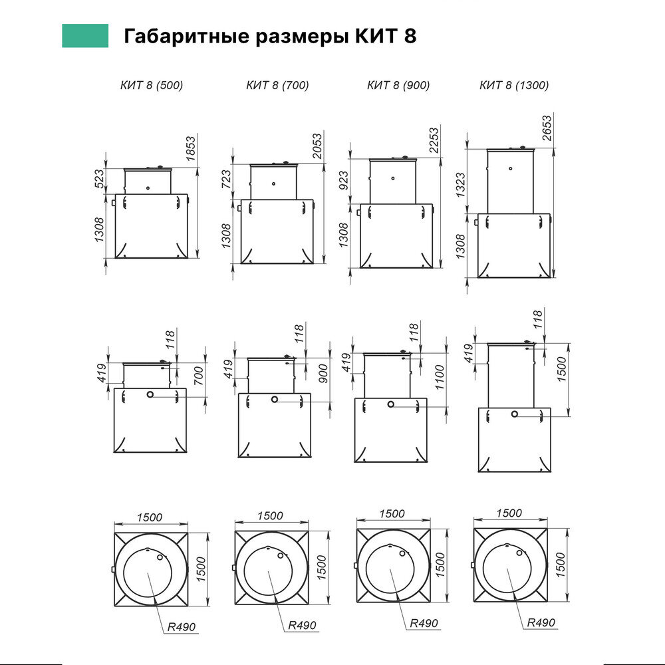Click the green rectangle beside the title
pos(85,36)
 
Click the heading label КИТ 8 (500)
pos(152,85)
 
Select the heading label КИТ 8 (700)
pos(277,85)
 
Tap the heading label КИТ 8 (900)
pos(398,85)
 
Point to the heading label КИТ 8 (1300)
pos(514,85)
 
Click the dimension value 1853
pos(191,148)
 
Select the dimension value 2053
pos(317,146)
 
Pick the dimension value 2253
pos(434,140)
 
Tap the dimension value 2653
pos(547,128)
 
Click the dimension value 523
pos(98,179)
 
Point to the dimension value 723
pos(226,179)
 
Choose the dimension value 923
pos(344,180)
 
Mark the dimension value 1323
pos(460,185)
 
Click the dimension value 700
pos(198,376)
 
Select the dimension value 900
pos(323,373)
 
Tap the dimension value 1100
pos(440,377)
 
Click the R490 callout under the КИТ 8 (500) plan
pos(182,627)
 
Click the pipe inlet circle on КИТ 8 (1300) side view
pos(515,414)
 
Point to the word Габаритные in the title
pos(186,36)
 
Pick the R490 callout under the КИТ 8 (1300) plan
pos(541,622)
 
